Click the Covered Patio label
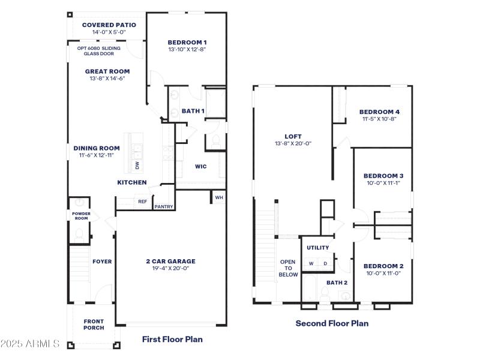coord(109,25)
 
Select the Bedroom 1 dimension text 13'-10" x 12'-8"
coord(187,50)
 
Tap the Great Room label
coord(107,71)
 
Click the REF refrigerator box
coord(142,202)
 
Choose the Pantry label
coord(163,207)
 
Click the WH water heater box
coord(218,197)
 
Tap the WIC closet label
coord(200,167)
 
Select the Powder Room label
coord(80,215)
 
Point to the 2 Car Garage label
coord(170,261)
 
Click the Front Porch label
coord(94,324)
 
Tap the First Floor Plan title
coord(172,339)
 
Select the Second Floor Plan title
coord(332,323)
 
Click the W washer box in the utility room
coord(311,263)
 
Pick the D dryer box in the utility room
coord(326,263)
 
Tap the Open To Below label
coord(288,268)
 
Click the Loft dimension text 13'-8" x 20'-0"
coord(293,143)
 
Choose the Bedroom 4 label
coord(379,112)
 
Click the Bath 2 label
coord(337,282)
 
